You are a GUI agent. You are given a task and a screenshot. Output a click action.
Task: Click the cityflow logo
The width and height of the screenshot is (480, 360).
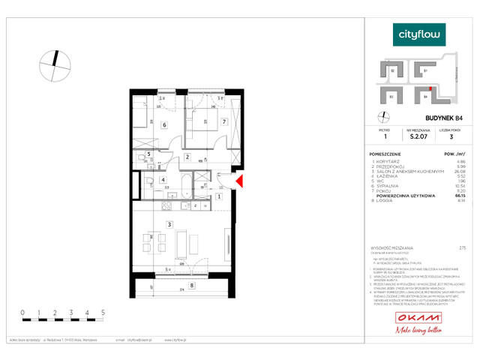click(x=419, y=34)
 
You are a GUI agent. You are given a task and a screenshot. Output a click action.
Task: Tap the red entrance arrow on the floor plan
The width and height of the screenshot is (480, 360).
click(x=240, y=181)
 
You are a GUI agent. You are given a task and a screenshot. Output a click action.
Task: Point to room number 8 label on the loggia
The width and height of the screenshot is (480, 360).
click(x=192, y=285)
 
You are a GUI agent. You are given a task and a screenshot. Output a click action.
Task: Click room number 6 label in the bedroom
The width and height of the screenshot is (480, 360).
click(x=163, y=125)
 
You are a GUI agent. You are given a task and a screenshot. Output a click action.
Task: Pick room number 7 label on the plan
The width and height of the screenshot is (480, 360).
click(x=223, y=121)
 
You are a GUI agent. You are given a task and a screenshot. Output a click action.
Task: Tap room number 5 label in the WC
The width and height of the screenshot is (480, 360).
click(x=149, y=155)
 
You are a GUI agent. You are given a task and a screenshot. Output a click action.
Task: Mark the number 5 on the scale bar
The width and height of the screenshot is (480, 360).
click(x=102, y=310)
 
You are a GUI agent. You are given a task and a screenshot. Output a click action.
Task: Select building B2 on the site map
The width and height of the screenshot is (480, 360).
click(x=394, y=70)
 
